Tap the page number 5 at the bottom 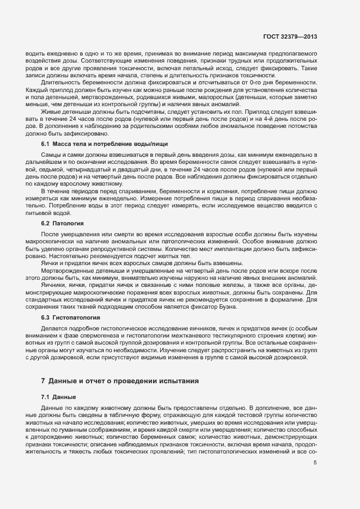point(315,463)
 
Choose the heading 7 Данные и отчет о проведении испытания point(120,380)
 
